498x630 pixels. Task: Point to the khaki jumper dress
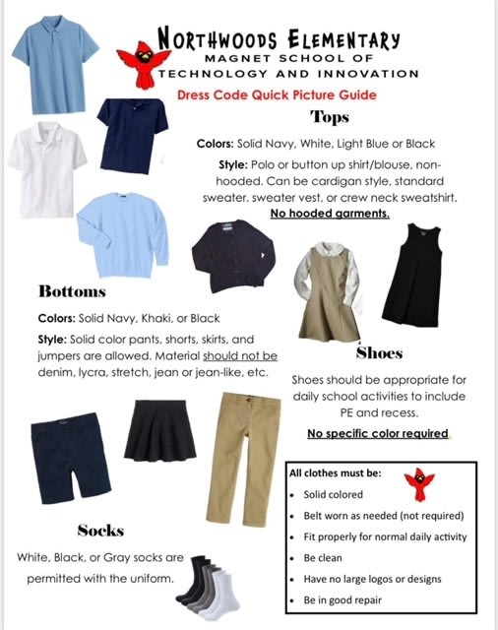(x=331, y=284)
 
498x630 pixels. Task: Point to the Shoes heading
(x=379, y=351)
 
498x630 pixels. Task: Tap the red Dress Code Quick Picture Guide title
(x=277, y=95)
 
